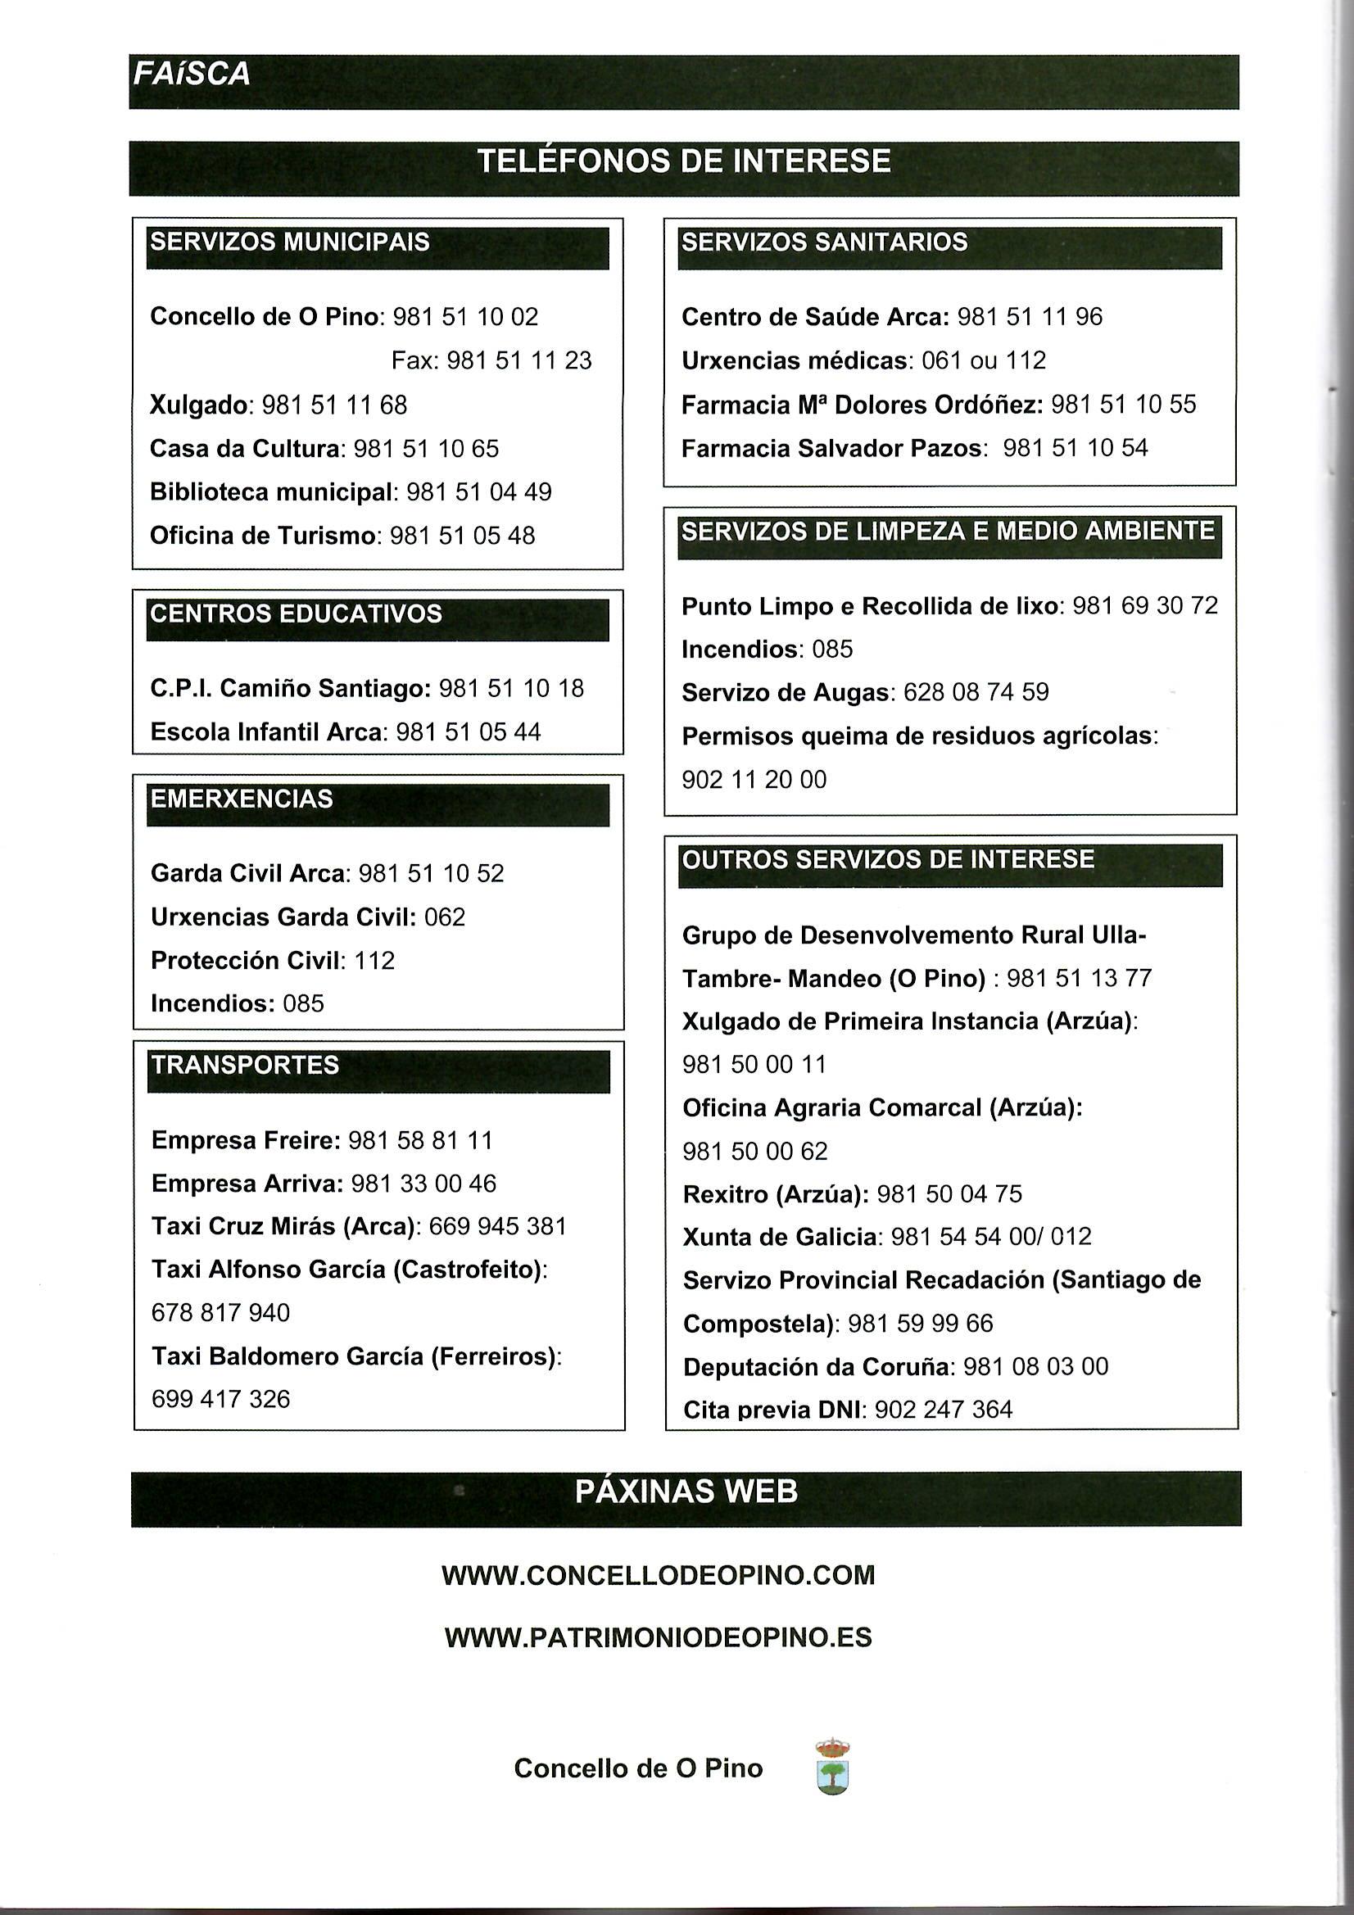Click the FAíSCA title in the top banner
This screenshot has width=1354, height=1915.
click(x=191, y=75)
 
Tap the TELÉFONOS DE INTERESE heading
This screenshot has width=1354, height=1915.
click(x=684, y=161)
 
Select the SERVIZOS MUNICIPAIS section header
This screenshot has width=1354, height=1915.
click(x=289, y=242)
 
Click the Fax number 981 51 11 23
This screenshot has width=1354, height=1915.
click(x=519, y=360)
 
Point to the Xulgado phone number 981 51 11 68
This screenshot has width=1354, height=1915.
click(x=334, y=405)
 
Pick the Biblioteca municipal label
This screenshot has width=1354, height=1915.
click(x=270, y=492)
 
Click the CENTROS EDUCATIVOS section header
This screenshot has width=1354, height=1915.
click(x=296, y=613)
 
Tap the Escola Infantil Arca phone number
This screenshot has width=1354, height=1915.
click(x=468, y=732)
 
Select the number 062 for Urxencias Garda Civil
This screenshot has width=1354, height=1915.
click(x=445, y=917)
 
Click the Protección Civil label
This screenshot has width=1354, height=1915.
click(x=246, y=961)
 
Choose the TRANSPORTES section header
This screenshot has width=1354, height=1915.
click(x=244, y=1066)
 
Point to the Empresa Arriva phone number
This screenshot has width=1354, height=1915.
click(x=423, y=1184)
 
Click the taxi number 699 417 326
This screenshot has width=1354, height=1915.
click(x=220, y=1399)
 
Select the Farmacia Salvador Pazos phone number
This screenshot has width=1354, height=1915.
click(x=1076, y=449)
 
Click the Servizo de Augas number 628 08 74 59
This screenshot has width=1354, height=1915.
click(x=976, y=692)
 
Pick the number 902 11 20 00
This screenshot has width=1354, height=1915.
click(x=754, y=780)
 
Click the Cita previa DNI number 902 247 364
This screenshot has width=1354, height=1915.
click(x=944, y=1410)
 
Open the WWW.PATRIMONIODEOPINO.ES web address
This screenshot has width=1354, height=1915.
click(x=659, y=1637)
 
